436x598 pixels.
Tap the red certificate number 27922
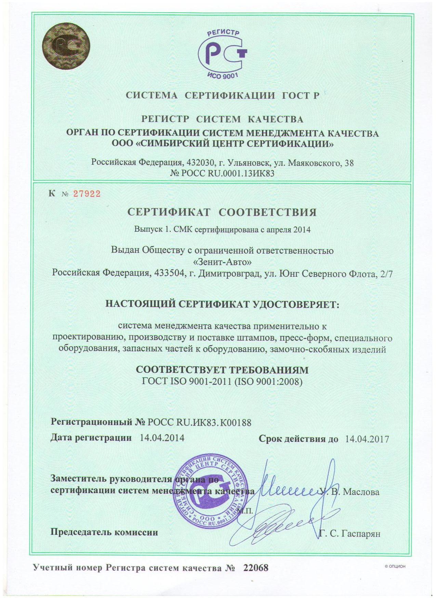pyautogui.click(x=88, y=194)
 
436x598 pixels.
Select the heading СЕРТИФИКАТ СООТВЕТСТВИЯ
pyautogui.click(x=222, y=212)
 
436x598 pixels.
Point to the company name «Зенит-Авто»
pyautogui.click(x=222, y=262)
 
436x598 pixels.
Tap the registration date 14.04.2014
pyautogui.click(x=162, y=438)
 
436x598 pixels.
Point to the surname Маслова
pyautogui.click(x=361, y=492)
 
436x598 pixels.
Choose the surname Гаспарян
pyautogui.click(x=359, y=533)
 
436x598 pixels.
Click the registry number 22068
pyautogui.click(x=256, y=568)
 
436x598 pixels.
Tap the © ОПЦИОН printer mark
pyautogui.click(x=395, y=566)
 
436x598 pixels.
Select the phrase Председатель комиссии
pyautogui.click(x=104, y=532)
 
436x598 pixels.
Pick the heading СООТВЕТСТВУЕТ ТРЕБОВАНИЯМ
pyautogui.click(x=222, y=370)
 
